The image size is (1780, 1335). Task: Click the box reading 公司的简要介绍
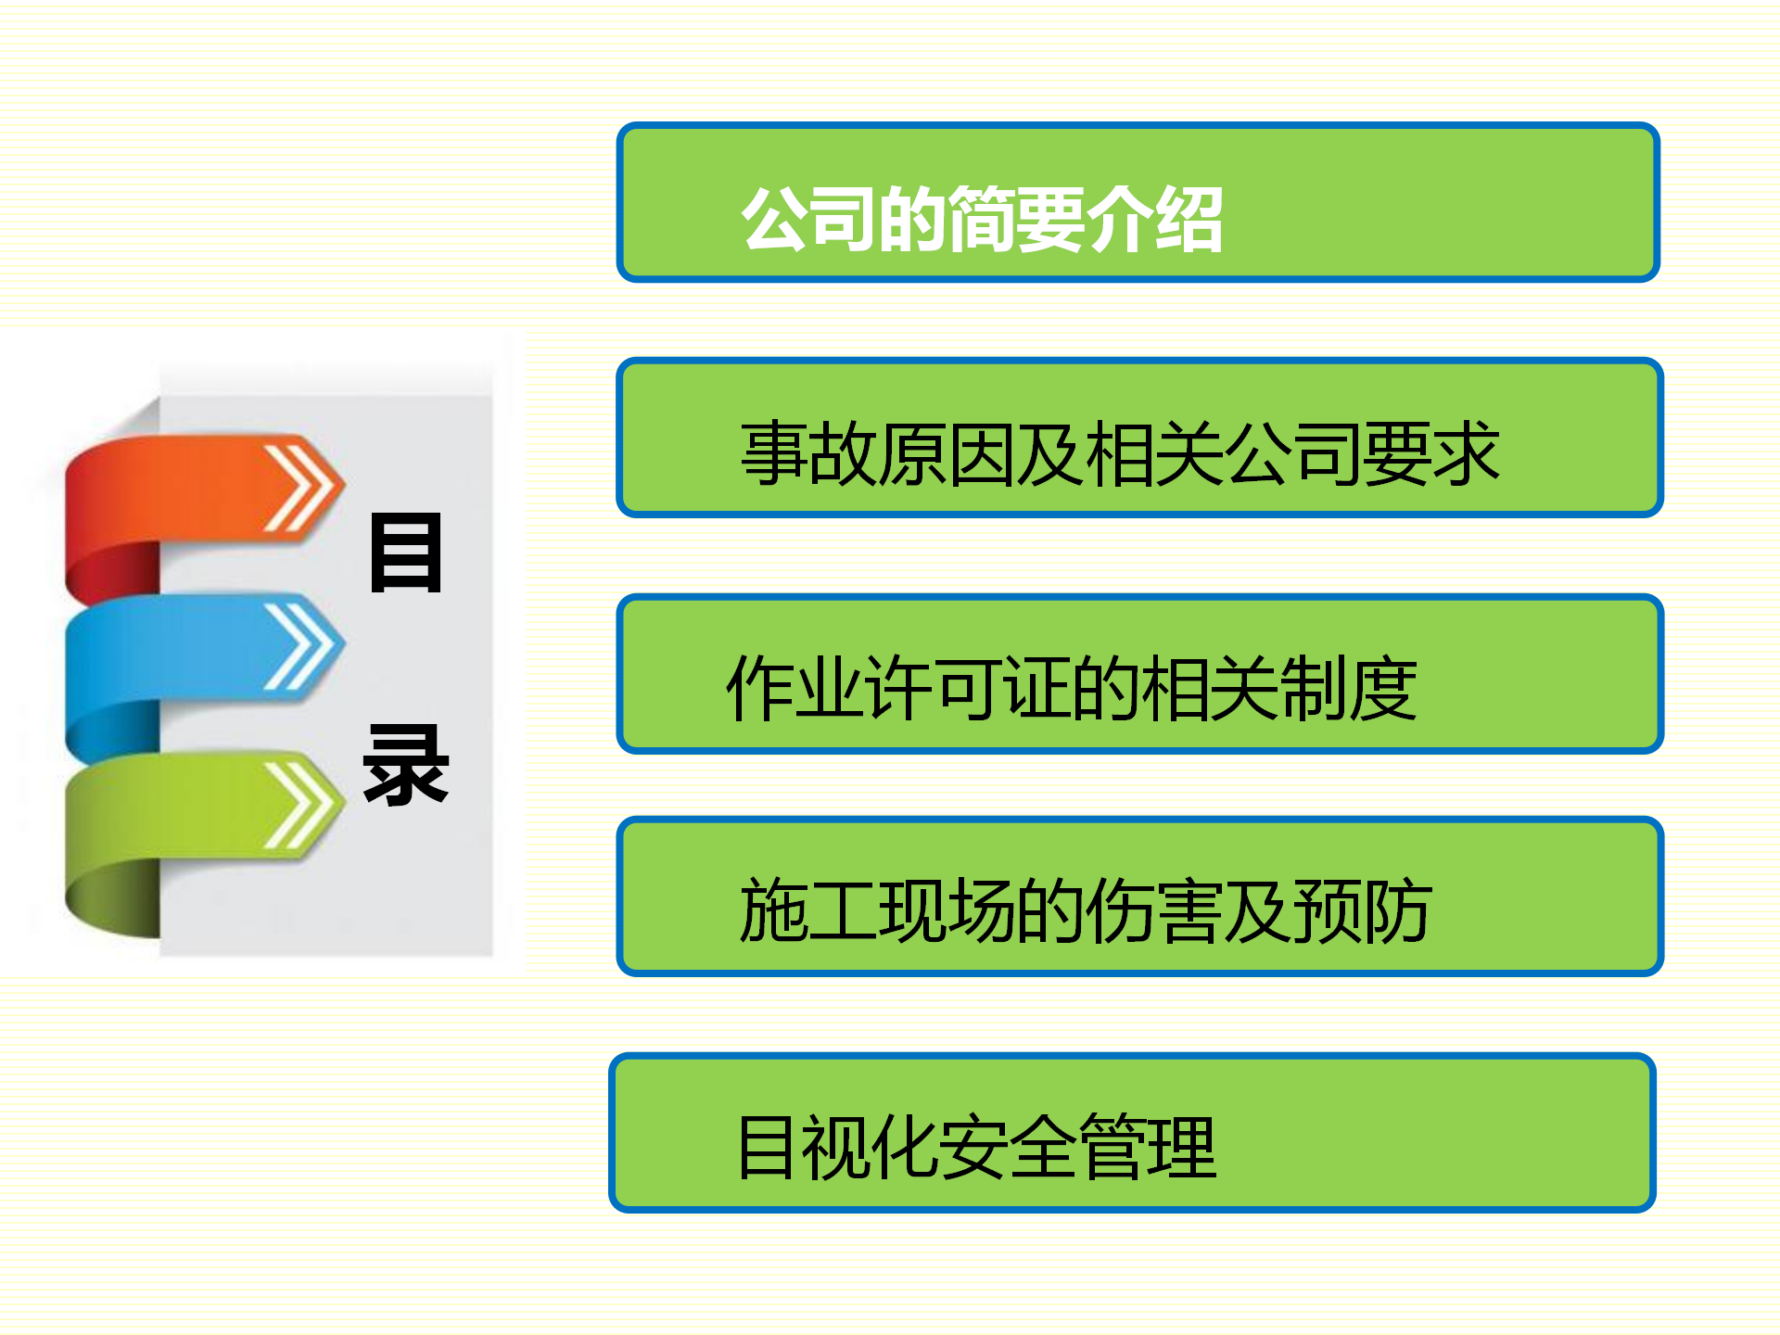click(1138, 202)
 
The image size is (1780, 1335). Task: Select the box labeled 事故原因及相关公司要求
click(1139, 438)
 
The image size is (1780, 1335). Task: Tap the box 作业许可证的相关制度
click(1139, 674)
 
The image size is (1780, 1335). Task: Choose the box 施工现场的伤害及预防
click(1139, 896)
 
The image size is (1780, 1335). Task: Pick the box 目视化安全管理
click(1132, 1133)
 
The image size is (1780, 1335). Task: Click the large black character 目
click(405, 553)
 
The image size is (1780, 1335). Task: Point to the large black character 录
click(405, 765)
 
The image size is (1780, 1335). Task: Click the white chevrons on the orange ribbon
click(297, 489)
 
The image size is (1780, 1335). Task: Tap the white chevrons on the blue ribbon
click(297, 646)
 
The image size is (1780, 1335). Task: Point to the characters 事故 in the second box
click(808, 453)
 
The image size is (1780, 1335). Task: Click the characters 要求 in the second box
click(1431, 453)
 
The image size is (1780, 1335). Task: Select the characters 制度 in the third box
click(1349, 688)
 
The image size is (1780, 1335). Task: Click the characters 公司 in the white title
click(809, 220)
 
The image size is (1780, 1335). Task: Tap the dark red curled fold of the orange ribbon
click(111, 572)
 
